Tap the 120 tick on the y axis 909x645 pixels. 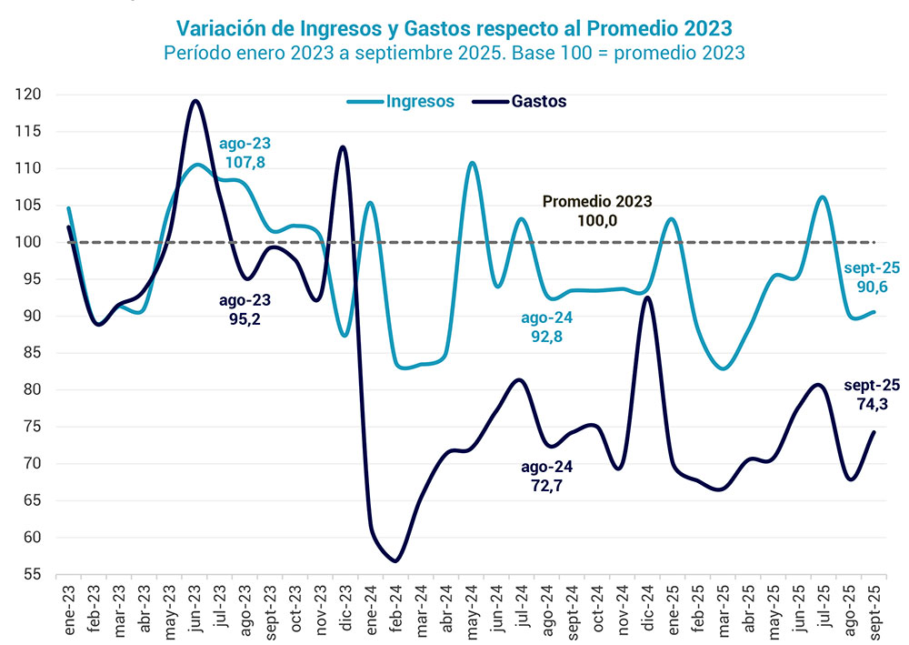(27, 95)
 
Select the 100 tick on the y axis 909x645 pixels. (27, 242)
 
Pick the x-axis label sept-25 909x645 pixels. (874, 604)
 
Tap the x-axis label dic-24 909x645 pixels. (646, 601)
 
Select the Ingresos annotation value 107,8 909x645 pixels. (245, 163)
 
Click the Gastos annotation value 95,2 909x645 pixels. (245, 318)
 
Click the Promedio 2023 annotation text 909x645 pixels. (597, 202)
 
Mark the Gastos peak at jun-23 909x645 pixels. (195, 101)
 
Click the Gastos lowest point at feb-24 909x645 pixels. (395, 560)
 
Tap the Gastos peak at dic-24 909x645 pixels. (646, 297)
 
